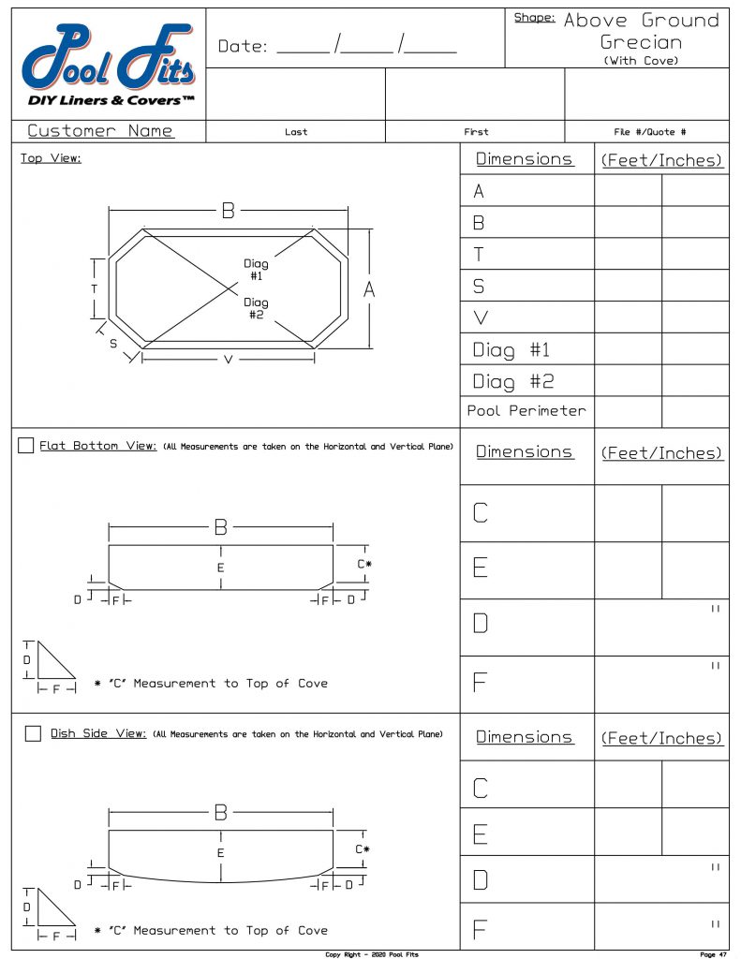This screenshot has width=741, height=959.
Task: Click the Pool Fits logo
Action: point(108,66)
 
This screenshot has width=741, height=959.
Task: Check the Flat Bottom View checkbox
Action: point(26,445)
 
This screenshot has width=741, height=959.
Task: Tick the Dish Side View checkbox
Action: point(33,732)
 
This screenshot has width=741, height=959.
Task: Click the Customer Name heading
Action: point(100,131)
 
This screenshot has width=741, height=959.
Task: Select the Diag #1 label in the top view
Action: point(256,270)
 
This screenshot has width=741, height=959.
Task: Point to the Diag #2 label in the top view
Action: point(256,308)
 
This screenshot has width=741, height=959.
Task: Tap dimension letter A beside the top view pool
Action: point(369,290)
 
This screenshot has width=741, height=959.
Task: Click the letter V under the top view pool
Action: point(228,360)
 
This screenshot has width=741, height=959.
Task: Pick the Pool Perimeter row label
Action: point(526,410)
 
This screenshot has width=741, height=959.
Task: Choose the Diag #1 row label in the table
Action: point(511,350)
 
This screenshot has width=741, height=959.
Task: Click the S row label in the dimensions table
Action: point(479,286)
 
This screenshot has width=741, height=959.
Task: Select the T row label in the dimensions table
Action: point(479,254)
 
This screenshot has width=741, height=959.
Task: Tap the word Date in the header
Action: point(242,46)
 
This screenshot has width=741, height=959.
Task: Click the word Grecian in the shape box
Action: point(641,42)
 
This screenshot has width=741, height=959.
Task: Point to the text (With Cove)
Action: point(641,60)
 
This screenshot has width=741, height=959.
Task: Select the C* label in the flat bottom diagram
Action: point(364,564)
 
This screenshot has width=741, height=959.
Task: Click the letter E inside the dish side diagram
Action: point(221,853)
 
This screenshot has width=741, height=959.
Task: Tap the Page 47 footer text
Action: point(713,954)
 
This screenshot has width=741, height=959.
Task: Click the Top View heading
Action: point(51,158)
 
